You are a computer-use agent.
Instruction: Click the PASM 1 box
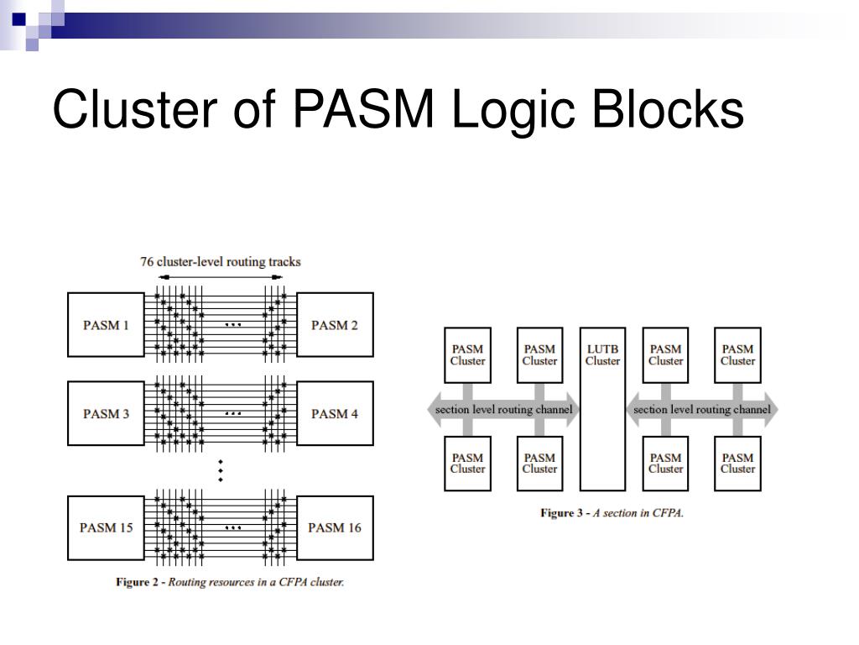(106, 325)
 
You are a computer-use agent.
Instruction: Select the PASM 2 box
(335, 325)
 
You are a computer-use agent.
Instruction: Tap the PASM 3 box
(106, 413)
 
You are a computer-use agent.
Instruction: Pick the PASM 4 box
(335, 413)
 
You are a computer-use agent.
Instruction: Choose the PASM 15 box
(106, 527)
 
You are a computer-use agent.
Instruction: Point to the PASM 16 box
(335, 527)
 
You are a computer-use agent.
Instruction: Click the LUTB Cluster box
(602, 409)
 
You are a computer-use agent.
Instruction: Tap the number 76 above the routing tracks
(146, 262)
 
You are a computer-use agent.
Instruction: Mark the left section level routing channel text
(503, 409)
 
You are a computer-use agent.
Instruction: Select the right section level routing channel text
(702, 409)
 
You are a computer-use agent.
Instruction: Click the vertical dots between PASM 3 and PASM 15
(221, 470)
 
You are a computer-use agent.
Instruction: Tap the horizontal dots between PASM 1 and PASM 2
(233, 325)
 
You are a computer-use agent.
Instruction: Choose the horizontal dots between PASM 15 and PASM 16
(233, 527)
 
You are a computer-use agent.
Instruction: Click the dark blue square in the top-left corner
(19, 19)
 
